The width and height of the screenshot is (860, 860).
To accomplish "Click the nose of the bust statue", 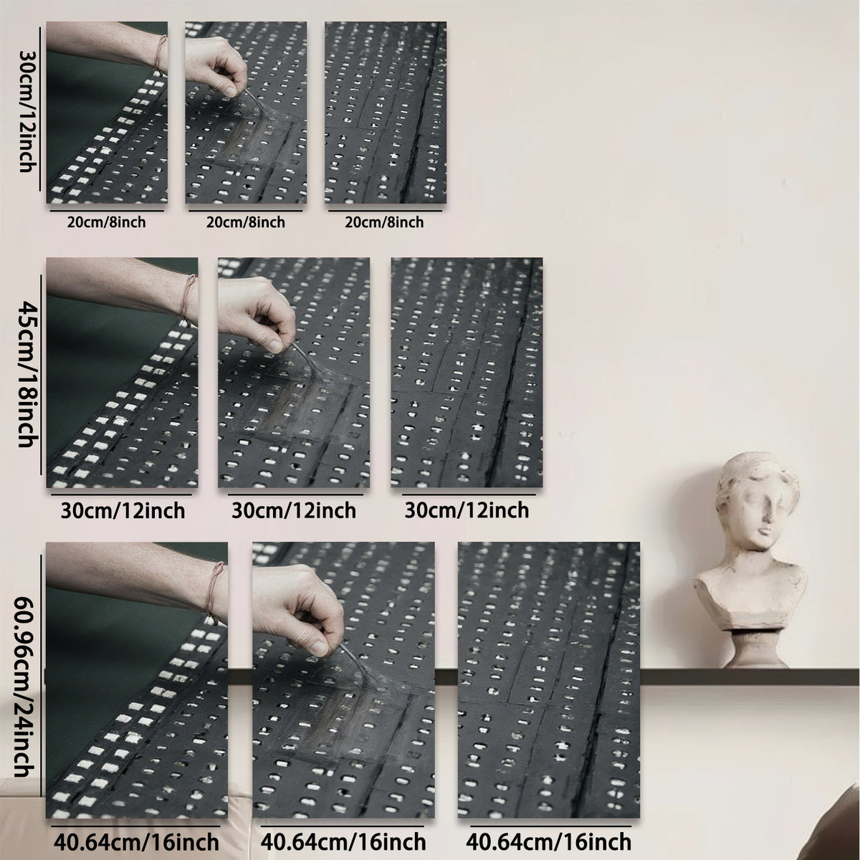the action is (x=766, y=518).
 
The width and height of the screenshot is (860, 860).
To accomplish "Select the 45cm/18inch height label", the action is (x=27, y=374).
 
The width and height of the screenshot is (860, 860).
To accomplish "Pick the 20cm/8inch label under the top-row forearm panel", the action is (x=107, y=222).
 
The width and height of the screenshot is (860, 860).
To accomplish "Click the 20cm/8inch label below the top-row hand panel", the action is (x=246, y=222).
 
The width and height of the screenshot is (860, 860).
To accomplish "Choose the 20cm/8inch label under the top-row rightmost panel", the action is (x=384, y=222).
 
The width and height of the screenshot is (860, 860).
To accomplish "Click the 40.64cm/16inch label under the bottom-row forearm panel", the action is (x=137, y=843).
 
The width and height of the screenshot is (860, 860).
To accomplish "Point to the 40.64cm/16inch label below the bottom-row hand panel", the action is (x=343, y=843).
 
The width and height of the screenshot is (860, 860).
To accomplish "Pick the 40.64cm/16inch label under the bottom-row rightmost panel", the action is (x=549, y=843).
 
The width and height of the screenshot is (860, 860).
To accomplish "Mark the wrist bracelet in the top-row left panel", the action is (x=161, y=55).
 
